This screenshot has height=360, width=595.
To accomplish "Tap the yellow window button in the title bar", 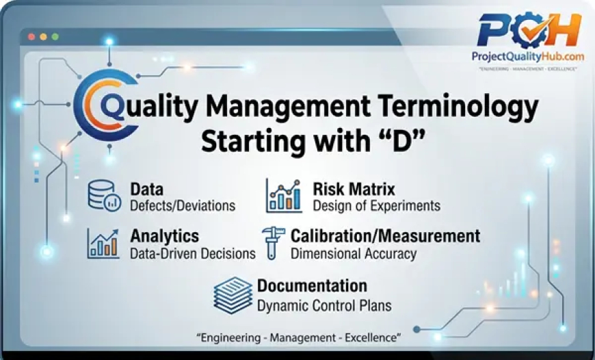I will [x=43, y=36].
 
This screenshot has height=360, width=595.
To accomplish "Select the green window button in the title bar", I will [x=55, y=36].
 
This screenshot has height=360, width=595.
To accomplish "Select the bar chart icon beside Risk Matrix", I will [x=284, y=196].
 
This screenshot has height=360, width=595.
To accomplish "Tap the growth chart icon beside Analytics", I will [x=103, y=244].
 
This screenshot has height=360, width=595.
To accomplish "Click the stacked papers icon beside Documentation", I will [x=233, y=294].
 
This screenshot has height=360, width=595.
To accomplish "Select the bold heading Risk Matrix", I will [x=354, y=188].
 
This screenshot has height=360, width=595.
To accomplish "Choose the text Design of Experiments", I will [x=376, y=205].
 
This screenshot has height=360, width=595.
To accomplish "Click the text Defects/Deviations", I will [x=183, y=205].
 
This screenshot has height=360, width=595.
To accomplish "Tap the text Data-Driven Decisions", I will [x=192, y=253].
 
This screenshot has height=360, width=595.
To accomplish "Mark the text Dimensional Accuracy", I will [x=354, y=253].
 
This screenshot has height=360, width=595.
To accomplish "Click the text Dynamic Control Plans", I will [x=324, y=305].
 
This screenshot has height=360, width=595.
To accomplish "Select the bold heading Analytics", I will [x=165, y=236].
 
